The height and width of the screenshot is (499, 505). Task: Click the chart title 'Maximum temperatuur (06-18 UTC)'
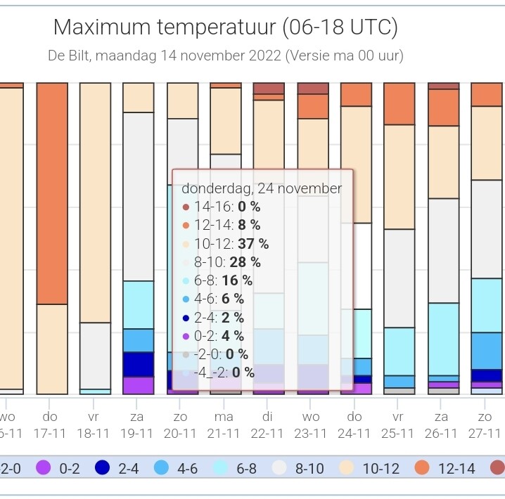(x=226, y=27)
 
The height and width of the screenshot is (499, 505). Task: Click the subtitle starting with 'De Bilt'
(x=226, y=56)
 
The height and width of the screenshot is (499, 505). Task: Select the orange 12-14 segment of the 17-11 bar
(x=52, y=193)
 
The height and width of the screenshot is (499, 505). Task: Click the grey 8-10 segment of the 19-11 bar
(x=139, y=197)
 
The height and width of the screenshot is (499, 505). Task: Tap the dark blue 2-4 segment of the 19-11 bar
(x=139, y=365)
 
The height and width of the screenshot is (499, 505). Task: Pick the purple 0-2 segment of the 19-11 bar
(x=139, y=385)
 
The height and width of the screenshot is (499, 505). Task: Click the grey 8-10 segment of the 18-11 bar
(x=96, y=356)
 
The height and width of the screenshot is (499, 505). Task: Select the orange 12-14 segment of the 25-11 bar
(x=399, y=103)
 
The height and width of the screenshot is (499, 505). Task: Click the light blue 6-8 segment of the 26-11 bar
(x=444, y=339)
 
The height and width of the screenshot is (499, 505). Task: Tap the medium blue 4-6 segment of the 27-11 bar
(x=487, y=351)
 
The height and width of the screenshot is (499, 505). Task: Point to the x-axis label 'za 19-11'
(x=137, y=425)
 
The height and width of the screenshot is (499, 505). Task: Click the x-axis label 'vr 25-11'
(x=398, y=425)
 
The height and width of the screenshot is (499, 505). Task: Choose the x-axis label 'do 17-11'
(x=50, y=425)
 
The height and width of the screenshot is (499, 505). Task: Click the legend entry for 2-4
(x=117, y=468)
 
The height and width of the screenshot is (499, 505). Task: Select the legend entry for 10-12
(x=369, y=468)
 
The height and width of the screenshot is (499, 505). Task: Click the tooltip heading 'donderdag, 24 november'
(x=262, y=188)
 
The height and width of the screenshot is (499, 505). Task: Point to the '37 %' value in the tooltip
(x=253, y=244)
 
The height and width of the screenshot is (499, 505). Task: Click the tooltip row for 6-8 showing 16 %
(x=217, y=280)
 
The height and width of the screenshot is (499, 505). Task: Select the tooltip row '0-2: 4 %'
(x=213, y=336)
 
